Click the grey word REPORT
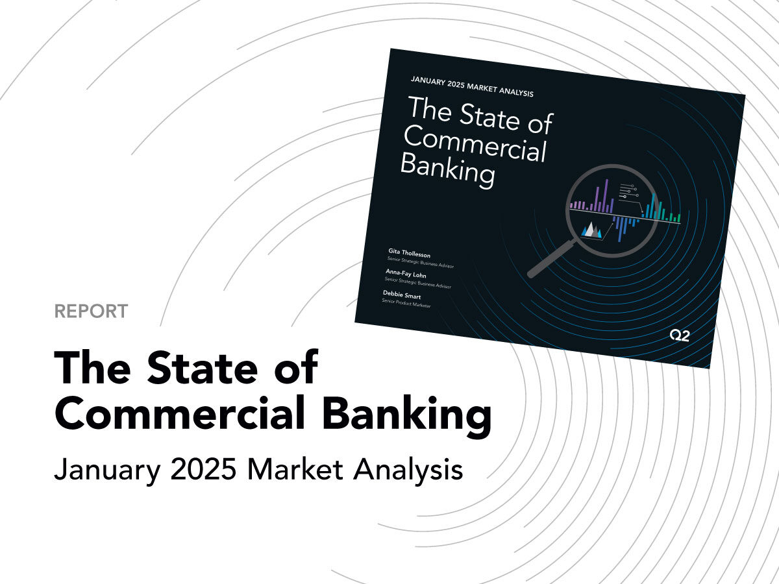91,311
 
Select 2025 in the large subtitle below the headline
203,469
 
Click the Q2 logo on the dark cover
679,335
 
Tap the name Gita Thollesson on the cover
409,253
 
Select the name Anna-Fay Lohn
406,274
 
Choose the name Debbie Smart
402,295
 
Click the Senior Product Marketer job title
406,303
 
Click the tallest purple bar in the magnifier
606,196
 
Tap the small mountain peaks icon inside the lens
591,230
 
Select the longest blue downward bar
620,230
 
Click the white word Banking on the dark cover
448,169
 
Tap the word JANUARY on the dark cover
428,81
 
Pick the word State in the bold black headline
202,367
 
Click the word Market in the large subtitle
295,469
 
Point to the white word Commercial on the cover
475,143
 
